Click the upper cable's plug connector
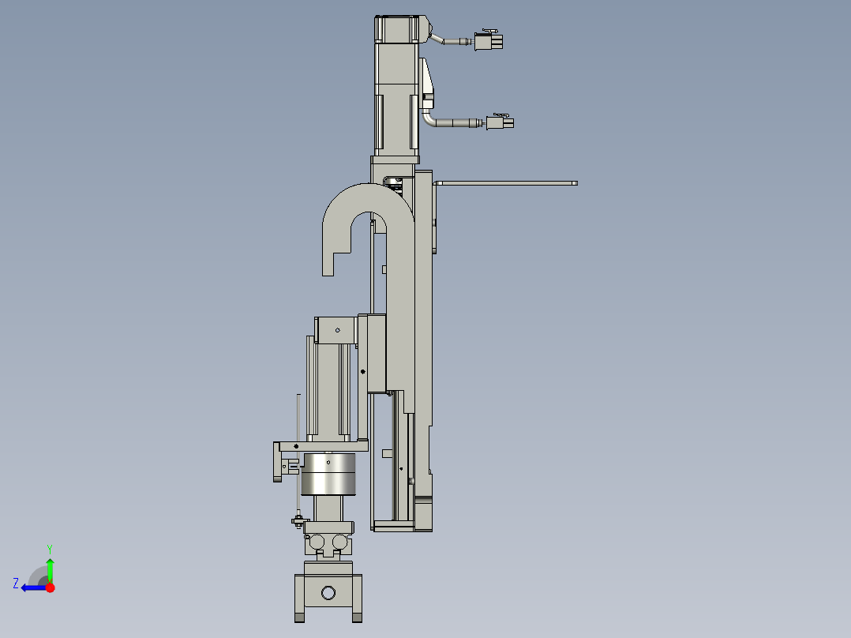[488, 41]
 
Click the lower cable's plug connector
[500, 122]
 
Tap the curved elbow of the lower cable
[429, 120]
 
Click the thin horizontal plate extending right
[505, 183]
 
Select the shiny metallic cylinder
[329, 474]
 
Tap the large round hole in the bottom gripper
[328, 592]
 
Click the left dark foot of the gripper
[299, 617]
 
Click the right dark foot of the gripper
[357, 617]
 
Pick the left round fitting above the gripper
[317, 542]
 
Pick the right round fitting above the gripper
[340, 542]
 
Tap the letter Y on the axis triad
[50, 548]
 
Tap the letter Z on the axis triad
[16, 584]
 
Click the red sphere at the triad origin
[51, 587]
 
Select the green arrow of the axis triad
[50, 569]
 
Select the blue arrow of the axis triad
[33, 587]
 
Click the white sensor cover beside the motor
[428, 79]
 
